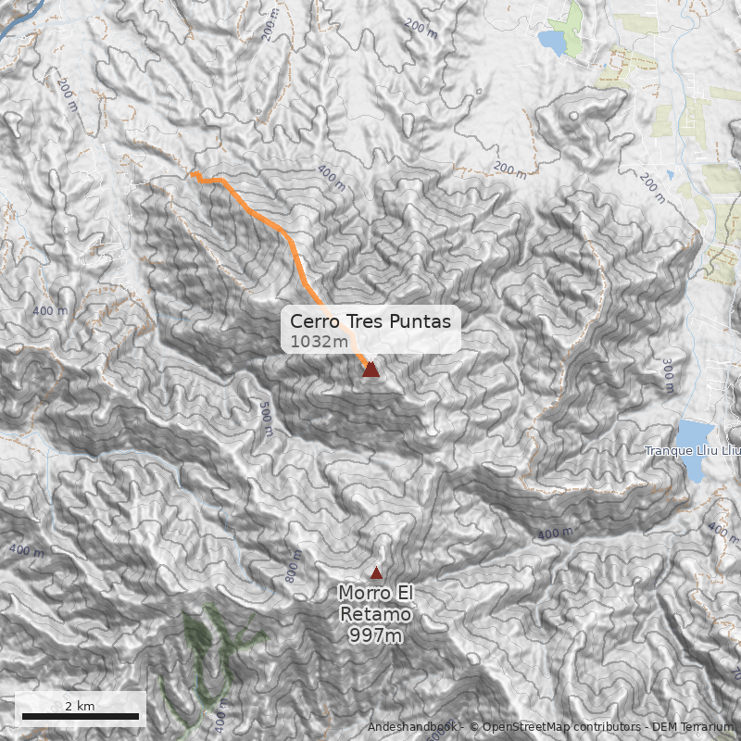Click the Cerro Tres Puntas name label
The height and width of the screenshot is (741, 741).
click(370, 321)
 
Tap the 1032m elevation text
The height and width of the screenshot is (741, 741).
click(319, 342)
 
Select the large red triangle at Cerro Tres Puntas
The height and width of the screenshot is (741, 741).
click(370, 369)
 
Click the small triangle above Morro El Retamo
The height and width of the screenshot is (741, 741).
click(376, 573)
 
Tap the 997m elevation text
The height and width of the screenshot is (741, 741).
click(375, 635)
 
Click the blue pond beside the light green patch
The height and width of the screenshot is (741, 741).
click(553, 42)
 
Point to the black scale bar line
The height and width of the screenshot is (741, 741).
click(80, 716)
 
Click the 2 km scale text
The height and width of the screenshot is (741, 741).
click(80, 706)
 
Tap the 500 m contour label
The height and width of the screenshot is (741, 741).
click(266, 420)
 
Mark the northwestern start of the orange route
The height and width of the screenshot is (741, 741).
click(194, 173)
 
